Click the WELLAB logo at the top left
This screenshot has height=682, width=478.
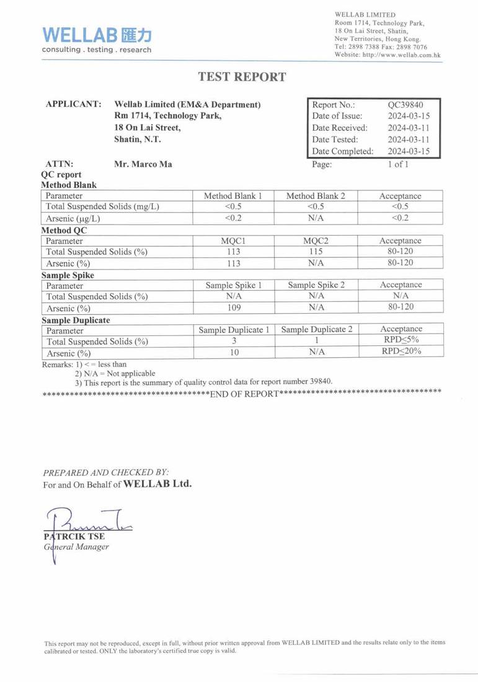[x=97, y=38]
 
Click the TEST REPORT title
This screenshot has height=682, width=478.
[x=242, y=77]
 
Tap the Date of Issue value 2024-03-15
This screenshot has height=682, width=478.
[x=409, y=116]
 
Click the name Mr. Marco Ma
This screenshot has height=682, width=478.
[x=143, y=164]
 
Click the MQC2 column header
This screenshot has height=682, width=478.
[x=316, y=241]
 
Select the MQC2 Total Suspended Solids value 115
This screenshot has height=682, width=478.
[x=316, y=252]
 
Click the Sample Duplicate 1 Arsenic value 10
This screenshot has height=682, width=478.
[x=233, y=353]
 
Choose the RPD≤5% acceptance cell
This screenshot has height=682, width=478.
[x=401, y=340]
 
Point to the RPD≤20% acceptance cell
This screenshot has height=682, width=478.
[x=401, y=352]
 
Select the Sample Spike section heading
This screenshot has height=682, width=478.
[x=68, y=275]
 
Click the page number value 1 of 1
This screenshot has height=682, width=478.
[x=397, y=164]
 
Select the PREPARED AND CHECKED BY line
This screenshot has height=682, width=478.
[x=105, y=472]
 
